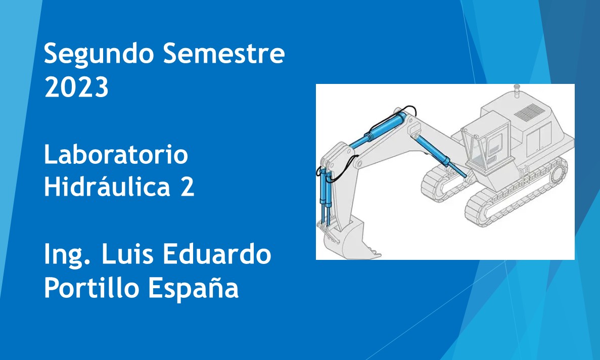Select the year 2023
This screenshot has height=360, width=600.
coord(76,87)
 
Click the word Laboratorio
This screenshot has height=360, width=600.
coord(116,154)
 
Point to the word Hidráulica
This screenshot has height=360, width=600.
coord(107,186)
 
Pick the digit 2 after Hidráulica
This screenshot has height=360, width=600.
coord(188,187)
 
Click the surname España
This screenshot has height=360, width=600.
coord(194,288)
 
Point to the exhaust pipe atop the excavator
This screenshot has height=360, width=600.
coord(517,91)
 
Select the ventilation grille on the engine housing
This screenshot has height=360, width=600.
coord(530,112)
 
